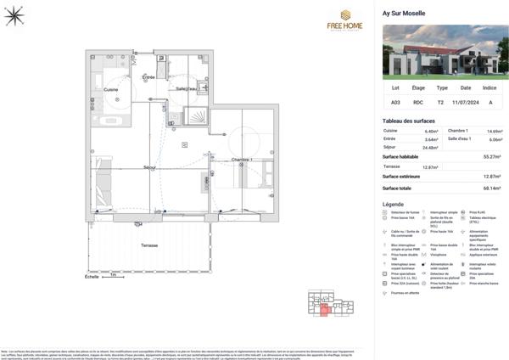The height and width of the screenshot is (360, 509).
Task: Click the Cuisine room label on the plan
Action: (110, 89)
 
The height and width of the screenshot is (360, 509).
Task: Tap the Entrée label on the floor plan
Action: (148, 78)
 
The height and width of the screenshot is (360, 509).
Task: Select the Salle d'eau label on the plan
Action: (186, 88)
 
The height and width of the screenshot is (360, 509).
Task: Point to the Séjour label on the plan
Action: (149, 167)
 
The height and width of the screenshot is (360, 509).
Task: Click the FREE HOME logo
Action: (345, 20)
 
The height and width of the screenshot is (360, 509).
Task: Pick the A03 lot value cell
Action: (395, 102)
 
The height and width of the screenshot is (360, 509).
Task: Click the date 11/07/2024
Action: (465, 102)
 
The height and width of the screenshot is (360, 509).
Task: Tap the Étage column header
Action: (418, 87)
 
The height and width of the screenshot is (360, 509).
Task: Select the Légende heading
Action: (394, 205)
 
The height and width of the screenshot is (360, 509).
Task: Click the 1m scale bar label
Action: (112, 276)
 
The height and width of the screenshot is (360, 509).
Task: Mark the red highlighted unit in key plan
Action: (323, 311)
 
